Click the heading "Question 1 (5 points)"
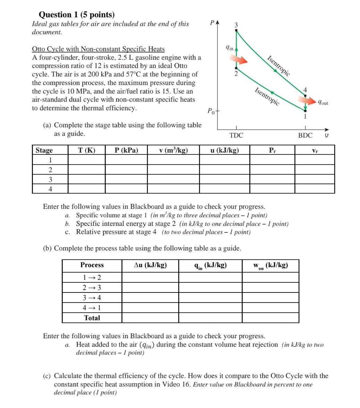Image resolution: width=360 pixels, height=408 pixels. (x=76, y=15)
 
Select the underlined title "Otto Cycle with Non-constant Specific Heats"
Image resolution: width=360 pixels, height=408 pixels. (x=98, y=49)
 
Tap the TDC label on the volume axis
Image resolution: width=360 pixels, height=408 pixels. (x=237, y=135)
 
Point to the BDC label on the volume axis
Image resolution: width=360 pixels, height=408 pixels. (x=305, y=135)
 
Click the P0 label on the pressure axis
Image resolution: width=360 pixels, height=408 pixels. (x=211, y=111)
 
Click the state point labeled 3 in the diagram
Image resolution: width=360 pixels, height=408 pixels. (x=237, y=30)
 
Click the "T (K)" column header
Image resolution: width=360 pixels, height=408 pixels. (x=86, y=150)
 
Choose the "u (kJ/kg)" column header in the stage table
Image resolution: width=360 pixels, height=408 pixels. (x=224, y=150)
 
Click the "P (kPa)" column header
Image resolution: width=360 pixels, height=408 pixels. (x=126, y=150)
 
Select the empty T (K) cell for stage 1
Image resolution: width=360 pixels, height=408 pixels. (x=86, y=160)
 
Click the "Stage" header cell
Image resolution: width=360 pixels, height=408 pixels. (x=44, y=150)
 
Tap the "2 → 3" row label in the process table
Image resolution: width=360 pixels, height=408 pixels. (x=92, y=288)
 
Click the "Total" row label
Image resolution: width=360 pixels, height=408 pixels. (x=92, y=318)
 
